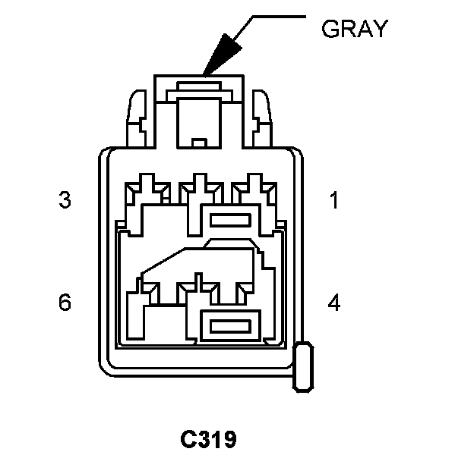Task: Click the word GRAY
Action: click(355, 29)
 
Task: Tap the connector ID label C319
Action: click(208, 439)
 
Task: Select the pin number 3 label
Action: click(65, 201)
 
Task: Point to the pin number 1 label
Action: click(333, 201)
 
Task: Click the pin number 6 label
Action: click(65, 303)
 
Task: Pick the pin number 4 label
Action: click(333, 303)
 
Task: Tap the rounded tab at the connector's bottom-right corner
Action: click(304, 366)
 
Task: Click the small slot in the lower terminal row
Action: click(229, 327)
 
